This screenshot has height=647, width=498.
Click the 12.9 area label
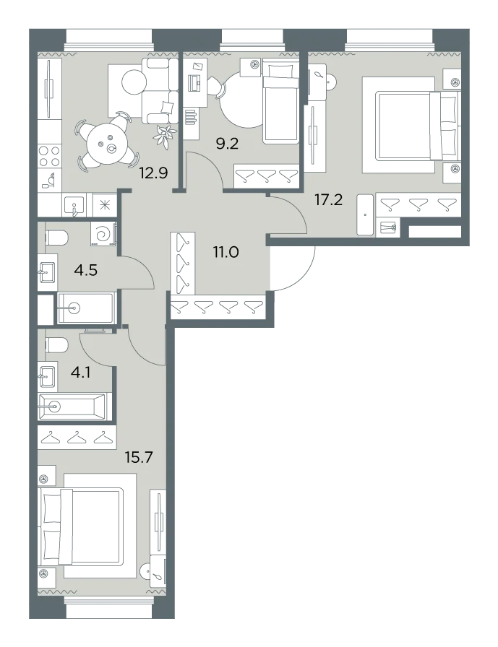pos(153,173)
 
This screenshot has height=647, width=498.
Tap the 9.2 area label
pos(228,144)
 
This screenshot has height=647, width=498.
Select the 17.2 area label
pos(329,200)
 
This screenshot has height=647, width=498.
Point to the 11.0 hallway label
pos(226,251)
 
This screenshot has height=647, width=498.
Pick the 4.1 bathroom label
pos(80,373)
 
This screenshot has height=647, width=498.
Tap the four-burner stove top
pos(50,156)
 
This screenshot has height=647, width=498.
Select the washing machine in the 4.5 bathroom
pos(103,235)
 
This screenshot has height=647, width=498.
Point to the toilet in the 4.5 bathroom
pos(56,238)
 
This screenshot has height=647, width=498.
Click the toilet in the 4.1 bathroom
pos(56,345)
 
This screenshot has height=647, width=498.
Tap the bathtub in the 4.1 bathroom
pos(74,407)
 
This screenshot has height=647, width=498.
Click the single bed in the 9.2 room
pos(280,101)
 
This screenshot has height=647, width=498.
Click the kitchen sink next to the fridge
pos(74,206)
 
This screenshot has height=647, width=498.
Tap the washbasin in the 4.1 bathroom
pos(48,376)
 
